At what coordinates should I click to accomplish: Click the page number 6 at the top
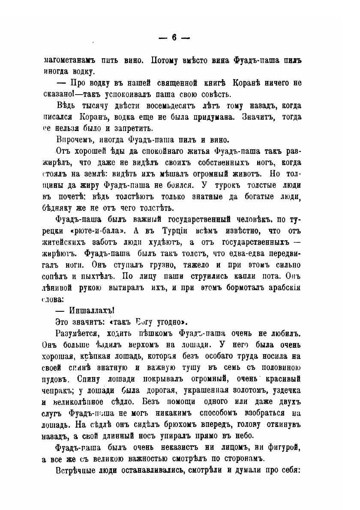click(x=174, y=37)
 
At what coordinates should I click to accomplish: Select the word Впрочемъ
click(x=74, y=139)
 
